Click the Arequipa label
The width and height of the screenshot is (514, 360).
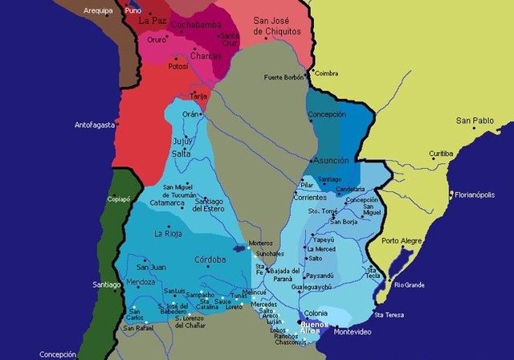99,11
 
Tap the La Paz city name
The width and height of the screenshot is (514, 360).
151,21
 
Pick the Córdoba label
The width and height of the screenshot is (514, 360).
210,260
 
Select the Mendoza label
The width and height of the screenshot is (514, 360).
139,283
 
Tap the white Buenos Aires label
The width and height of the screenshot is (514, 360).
311,326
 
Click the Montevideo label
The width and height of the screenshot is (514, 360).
353,331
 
